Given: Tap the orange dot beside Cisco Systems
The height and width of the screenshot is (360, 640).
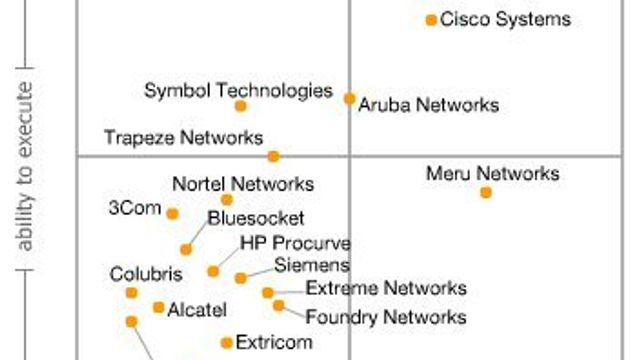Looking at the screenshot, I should click(431, 19).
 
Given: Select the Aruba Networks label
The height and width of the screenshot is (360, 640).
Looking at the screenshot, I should click(428, 105).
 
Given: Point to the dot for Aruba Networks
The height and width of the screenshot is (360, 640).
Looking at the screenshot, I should click(349, 98).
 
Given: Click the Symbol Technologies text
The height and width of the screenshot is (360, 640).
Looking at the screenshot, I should click(238, 90).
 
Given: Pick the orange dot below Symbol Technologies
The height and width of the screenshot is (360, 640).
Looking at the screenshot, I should click(240, 106).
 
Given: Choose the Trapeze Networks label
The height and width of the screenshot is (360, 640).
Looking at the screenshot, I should click(184, 137).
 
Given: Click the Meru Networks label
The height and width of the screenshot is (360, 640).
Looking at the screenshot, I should click(492, 173).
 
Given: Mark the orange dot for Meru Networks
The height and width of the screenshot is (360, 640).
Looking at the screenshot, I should click(486, 192).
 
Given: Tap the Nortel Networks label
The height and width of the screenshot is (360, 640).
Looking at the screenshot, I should click(243, 184).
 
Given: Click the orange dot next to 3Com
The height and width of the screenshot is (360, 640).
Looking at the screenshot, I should click(172, 213).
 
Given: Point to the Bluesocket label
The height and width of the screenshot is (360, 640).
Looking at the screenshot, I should click(256, 218).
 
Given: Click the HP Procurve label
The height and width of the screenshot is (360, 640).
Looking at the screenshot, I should click(295, 243).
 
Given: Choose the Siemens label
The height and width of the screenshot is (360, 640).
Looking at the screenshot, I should click(312, 265).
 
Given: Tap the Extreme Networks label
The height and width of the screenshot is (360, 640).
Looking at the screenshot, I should click(386, 288).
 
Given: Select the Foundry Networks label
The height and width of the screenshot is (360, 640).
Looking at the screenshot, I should click(385, 317).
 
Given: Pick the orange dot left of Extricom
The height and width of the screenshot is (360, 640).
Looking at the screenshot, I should click(227, 343).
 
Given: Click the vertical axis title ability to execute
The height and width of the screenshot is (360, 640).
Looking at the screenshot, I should click(27, 175).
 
